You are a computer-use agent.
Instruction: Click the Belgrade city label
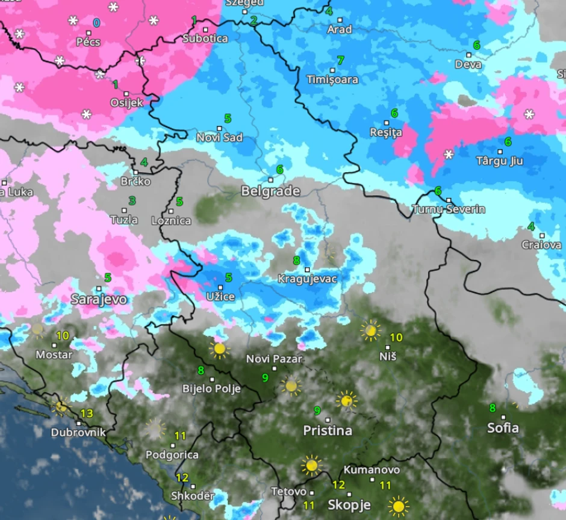pos(270,191)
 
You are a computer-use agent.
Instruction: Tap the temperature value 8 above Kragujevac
pos(296,261)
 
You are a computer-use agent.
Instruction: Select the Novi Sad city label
pos(220,138)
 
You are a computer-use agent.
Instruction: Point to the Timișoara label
pos(332,79)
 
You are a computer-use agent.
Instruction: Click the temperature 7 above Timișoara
pos(340,60)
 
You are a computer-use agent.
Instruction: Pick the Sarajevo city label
pos(99,299)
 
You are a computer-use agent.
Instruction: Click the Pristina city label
pos(328,431)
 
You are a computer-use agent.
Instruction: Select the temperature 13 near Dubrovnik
pos(87,413)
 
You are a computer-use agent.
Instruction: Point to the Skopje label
pos(349,504)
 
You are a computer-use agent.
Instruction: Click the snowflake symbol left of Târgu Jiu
pos(449,155)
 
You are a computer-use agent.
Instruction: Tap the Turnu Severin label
pos(449,209)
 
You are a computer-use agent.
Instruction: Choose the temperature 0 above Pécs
pos(96,23)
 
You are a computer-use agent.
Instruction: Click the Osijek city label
pos(127,102)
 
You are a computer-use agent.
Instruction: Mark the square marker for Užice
pos(220,287)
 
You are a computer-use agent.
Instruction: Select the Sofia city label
pos(503,429)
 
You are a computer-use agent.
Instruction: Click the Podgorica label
pos(172,455)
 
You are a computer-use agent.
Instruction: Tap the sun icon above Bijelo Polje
pos(219,348)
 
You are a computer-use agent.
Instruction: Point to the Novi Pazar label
pos(274,359)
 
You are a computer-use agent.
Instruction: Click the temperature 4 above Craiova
pos(530,226)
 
